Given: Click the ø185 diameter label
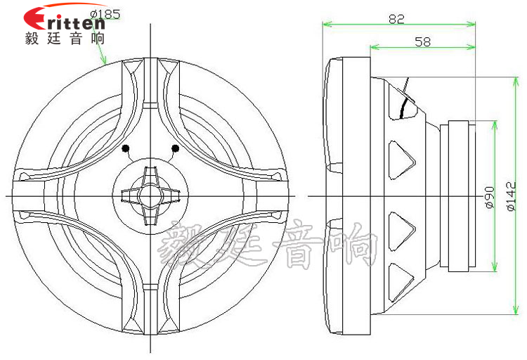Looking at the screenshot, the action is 105,15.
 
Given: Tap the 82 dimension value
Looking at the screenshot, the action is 396,19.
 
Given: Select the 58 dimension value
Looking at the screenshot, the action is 422,41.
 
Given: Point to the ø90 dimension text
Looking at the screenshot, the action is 490,197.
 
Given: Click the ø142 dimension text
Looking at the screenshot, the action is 511,196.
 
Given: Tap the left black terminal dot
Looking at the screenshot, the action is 126,148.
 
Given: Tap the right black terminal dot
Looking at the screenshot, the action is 175,148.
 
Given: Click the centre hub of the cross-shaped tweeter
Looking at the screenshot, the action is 150,195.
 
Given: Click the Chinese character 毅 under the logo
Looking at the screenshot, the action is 32,39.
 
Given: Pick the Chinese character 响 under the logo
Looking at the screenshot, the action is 98,39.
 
